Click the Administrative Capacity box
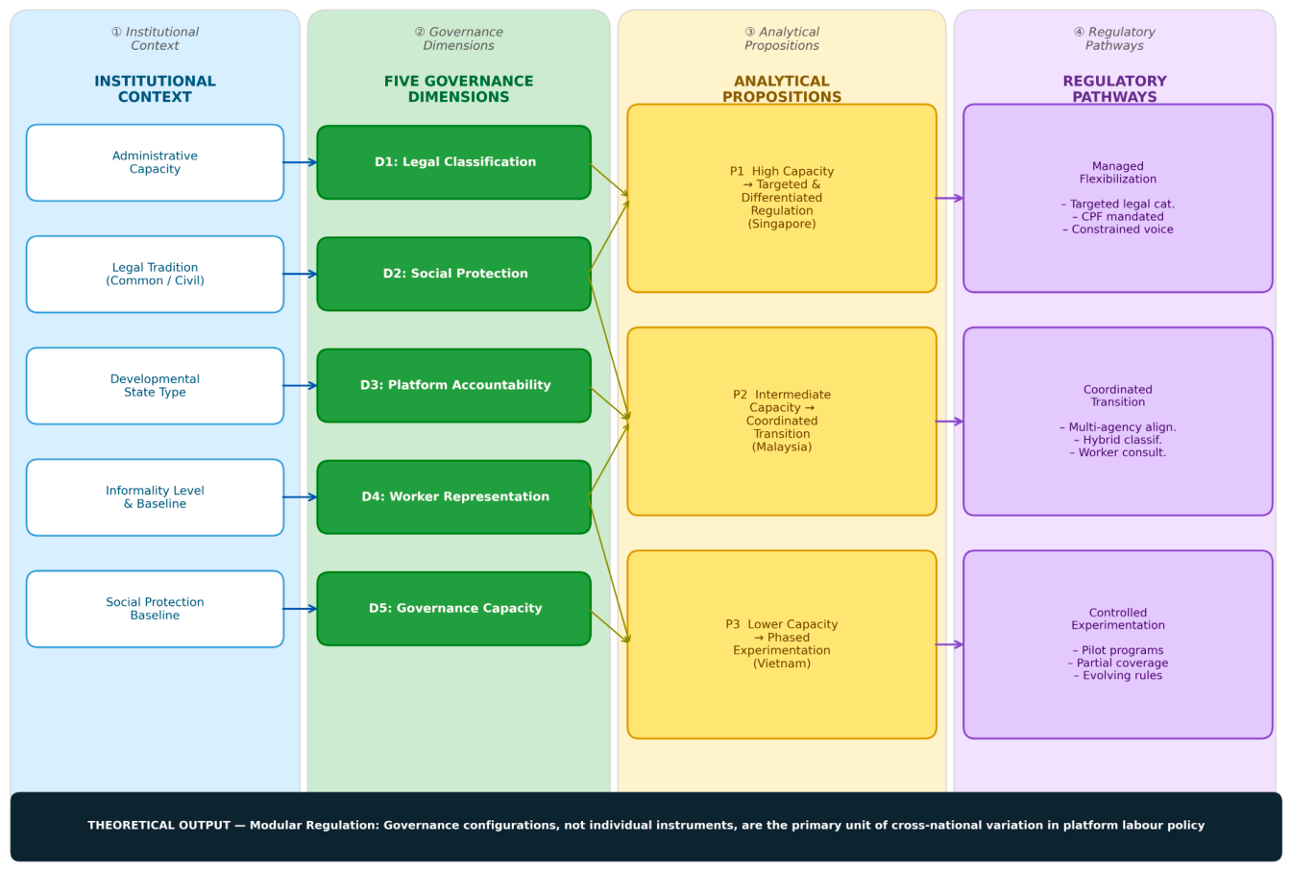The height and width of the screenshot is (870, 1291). pos(155,162)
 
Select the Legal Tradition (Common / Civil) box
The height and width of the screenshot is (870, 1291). pos(155,275)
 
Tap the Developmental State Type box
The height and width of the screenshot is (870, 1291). pos(155,385)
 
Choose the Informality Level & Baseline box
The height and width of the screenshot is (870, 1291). pos(155,497)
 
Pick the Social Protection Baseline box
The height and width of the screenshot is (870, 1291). pos(155,609)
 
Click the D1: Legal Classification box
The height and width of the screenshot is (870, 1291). pos(454,162)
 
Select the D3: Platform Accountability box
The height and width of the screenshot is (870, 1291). pos(454,385)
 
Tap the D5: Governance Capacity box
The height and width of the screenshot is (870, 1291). pos(454,609)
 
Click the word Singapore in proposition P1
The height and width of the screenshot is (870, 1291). pos(782,224)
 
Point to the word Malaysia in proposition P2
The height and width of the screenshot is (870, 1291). pos(782,447)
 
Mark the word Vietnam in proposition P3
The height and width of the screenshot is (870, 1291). pos(782,664)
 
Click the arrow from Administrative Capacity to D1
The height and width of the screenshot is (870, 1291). pos(300,162)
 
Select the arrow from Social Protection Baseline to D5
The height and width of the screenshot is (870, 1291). pos(300,609)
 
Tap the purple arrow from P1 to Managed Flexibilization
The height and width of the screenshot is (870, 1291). pos(949,198)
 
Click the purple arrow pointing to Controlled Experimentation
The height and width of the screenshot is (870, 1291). pos(949,644)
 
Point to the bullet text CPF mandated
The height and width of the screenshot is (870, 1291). pos(1122,217)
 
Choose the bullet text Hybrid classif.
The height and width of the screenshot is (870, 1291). pos(1122,440)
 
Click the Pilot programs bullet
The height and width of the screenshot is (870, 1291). pos(1122,650)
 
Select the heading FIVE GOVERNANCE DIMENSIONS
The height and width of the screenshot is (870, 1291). pos(459,88)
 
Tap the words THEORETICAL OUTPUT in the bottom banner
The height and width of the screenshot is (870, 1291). pos(158,825)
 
